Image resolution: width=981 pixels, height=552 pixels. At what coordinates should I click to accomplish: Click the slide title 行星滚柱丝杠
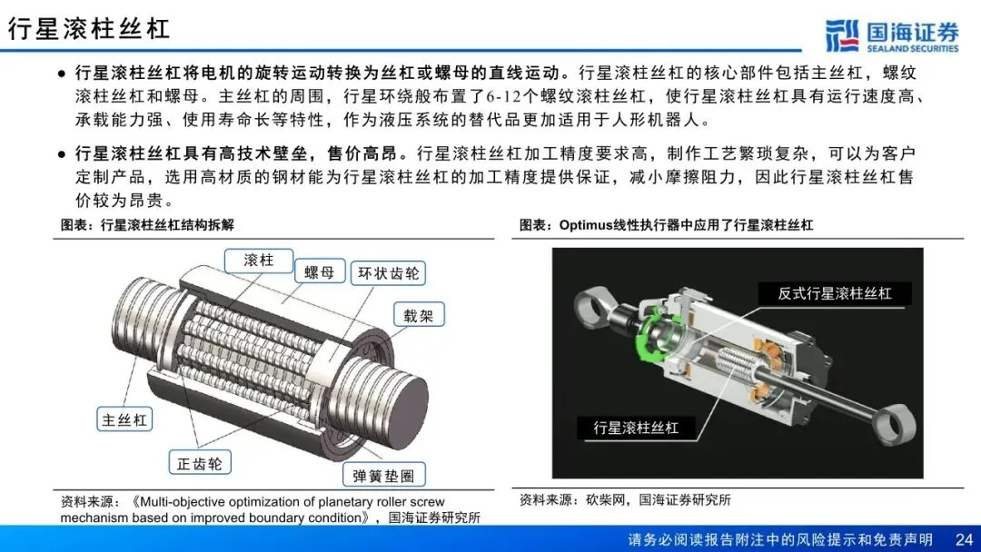pyautogui.click(x=89, y=29)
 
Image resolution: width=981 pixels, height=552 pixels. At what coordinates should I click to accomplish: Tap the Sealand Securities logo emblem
pyautogui.click(x=842, y=35)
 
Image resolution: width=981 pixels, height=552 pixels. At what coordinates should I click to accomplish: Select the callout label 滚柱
pyautogui.click(x=258, y=260)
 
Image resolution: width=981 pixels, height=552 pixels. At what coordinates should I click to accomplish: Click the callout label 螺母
pyautogui.click(x=319, y=272)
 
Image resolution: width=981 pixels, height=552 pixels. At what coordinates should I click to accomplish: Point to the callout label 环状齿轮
pyautogui.click(x=388, y=273)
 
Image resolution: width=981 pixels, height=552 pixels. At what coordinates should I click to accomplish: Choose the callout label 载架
pyautogui.click(x=419, y=315)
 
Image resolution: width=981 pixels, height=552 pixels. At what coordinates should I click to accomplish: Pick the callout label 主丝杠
pyautogui.click(x=124, y=419)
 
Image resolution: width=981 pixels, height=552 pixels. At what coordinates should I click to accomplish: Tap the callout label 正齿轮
pyautogui.click(x=200, y=463)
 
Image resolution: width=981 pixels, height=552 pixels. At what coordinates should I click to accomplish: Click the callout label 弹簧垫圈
pyautogui.click(x=383, y=475)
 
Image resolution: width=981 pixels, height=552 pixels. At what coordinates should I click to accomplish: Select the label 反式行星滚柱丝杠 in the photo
pyautogui.click(x=835, y=293)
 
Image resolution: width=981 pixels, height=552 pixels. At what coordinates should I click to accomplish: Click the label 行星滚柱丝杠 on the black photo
pyautogui.click(x=636, y=428)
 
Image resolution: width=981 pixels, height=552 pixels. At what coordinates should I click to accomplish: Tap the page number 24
pyautogui.click(x=964, y=539)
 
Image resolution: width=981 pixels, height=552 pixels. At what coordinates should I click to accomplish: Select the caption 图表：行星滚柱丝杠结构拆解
pyautogui.click(x=147, y=225)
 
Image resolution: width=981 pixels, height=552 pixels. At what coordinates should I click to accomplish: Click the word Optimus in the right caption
pyautogui.click(x=584, y=225)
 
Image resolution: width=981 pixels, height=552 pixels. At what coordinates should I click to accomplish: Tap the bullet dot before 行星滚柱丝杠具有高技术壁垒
pyautogui.click(x=62, y=153)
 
